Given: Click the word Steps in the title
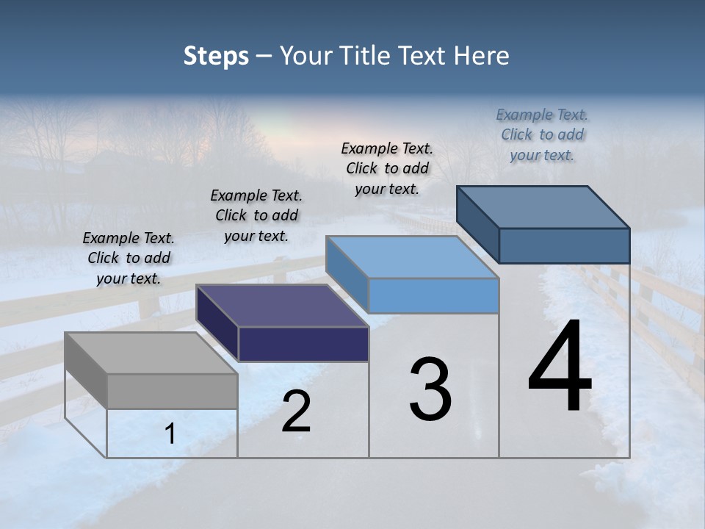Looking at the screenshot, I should [x=216, y=56].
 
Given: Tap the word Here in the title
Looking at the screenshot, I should [x=482, y=56].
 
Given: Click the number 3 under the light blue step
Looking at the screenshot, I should [x=430, y=389].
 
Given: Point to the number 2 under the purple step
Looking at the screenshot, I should [x=296, y=411].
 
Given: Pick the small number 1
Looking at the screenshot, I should [x=170, y=433].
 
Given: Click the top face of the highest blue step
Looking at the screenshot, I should [x=543, y=206].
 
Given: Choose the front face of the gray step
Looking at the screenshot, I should [x=173, y=391].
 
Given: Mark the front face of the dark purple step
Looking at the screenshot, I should [x=303, y=344].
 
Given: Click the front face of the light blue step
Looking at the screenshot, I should [x=433, y=295].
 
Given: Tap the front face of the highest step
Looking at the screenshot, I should [x=564, y=245].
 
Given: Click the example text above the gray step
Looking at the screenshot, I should [x=129, y=258].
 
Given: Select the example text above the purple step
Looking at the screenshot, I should [x=256, y=215].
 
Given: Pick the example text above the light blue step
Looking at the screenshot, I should [x=387, y=168].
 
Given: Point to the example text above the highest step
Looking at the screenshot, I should [x=542, y=134].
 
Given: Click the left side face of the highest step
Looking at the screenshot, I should [x=478, y=225].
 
